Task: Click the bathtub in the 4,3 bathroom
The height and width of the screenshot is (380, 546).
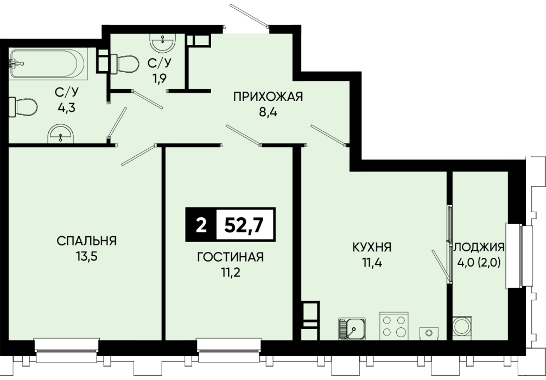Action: (x=47, y=64)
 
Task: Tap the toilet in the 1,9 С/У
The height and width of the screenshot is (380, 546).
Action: (x=125, y=64)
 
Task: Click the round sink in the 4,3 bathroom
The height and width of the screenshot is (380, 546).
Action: (x=61, y=134)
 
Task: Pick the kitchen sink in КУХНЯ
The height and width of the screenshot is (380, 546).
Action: (x=352, y=328)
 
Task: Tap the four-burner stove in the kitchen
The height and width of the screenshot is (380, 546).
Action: (x=393, y=326)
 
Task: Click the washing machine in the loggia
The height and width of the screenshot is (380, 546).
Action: (x=462, y=326)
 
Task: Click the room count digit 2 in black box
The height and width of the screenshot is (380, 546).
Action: (x=201, y=225)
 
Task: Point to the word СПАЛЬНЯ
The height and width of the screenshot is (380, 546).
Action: (x=87, y=240)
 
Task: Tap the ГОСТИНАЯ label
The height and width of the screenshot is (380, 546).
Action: (x=231, y=257)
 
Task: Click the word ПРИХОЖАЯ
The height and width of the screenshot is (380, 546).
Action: (x=268, y=97)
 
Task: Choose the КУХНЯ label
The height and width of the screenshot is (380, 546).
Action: (x=372, y=248)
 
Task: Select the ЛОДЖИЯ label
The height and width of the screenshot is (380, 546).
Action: (x=479, y=246)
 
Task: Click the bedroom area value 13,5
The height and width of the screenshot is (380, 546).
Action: (x=87, y=257)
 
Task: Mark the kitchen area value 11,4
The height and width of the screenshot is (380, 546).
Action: (x=372, y=263)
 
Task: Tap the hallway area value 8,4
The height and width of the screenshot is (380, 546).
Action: (x=268, y=112)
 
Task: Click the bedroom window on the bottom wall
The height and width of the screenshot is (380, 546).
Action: (x=67, y=350)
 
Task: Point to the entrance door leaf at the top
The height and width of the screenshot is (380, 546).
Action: (x=249, y=16)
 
